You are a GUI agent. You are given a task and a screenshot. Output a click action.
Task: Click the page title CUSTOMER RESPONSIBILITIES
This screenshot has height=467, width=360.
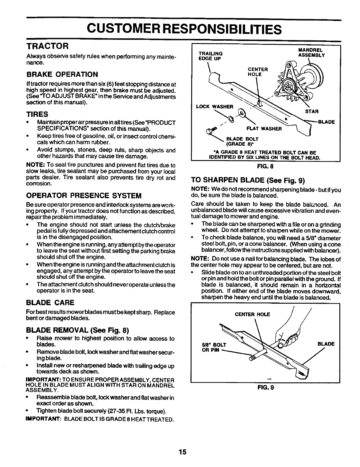tap(183, 29)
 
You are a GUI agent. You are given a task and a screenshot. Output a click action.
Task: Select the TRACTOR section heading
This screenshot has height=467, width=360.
tap(48, 46)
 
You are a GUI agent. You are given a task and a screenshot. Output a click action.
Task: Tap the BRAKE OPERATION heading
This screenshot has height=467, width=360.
tap(62, 74)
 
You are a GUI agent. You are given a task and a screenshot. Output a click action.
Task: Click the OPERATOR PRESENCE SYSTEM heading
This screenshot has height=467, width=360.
tap(84, 195)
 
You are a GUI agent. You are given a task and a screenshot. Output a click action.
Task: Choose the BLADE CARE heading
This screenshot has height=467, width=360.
tap(50, 303)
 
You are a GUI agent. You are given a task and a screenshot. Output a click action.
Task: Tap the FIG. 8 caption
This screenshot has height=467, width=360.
tap(266, 166)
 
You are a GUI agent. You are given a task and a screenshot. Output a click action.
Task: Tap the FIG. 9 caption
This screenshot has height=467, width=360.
tap(266, 388)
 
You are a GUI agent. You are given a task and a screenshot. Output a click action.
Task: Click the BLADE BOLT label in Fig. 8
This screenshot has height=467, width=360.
tap(242, 141)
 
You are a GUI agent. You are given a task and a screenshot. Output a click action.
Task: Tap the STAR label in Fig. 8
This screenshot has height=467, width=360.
tap(311, 111)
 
